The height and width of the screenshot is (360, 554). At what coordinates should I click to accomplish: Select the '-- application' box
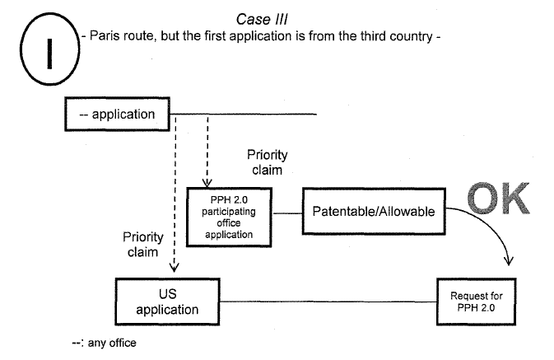pyautogui.click(x=117, y=114)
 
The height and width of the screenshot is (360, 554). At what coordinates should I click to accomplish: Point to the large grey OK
pyautogui.click(x=500, y=200)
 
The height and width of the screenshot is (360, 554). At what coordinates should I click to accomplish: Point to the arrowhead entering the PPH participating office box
pyautogui.click(x=207, y=182)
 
